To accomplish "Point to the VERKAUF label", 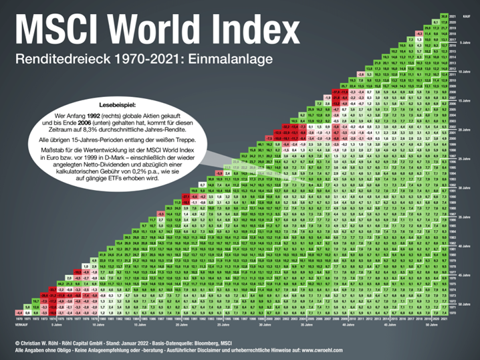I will [x=22, y=320].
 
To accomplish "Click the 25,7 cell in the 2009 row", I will [x=344, y=86].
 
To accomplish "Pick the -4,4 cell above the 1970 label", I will [x=19, y=311].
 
